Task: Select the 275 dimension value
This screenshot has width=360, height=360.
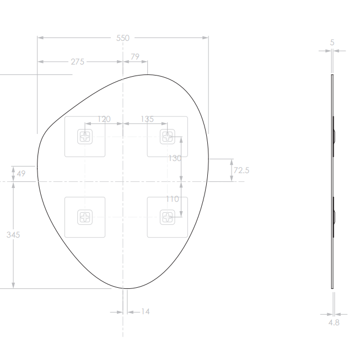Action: [78, 62]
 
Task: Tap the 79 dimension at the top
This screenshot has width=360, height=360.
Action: [134, 57]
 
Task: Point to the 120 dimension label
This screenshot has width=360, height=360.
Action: [104, 119]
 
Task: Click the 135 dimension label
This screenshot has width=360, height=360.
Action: [147, 119]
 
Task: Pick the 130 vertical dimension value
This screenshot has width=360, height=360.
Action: [175, 158]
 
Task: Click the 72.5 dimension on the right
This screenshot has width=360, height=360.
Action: [241, 170]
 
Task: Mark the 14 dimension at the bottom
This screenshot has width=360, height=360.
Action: [146, 311]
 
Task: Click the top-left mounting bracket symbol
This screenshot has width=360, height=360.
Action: [84, 136]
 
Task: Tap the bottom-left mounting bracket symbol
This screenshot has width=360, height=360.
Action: [84, 217]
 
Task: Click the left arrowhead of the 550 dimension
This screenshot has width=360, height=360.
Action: [40, 38]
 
